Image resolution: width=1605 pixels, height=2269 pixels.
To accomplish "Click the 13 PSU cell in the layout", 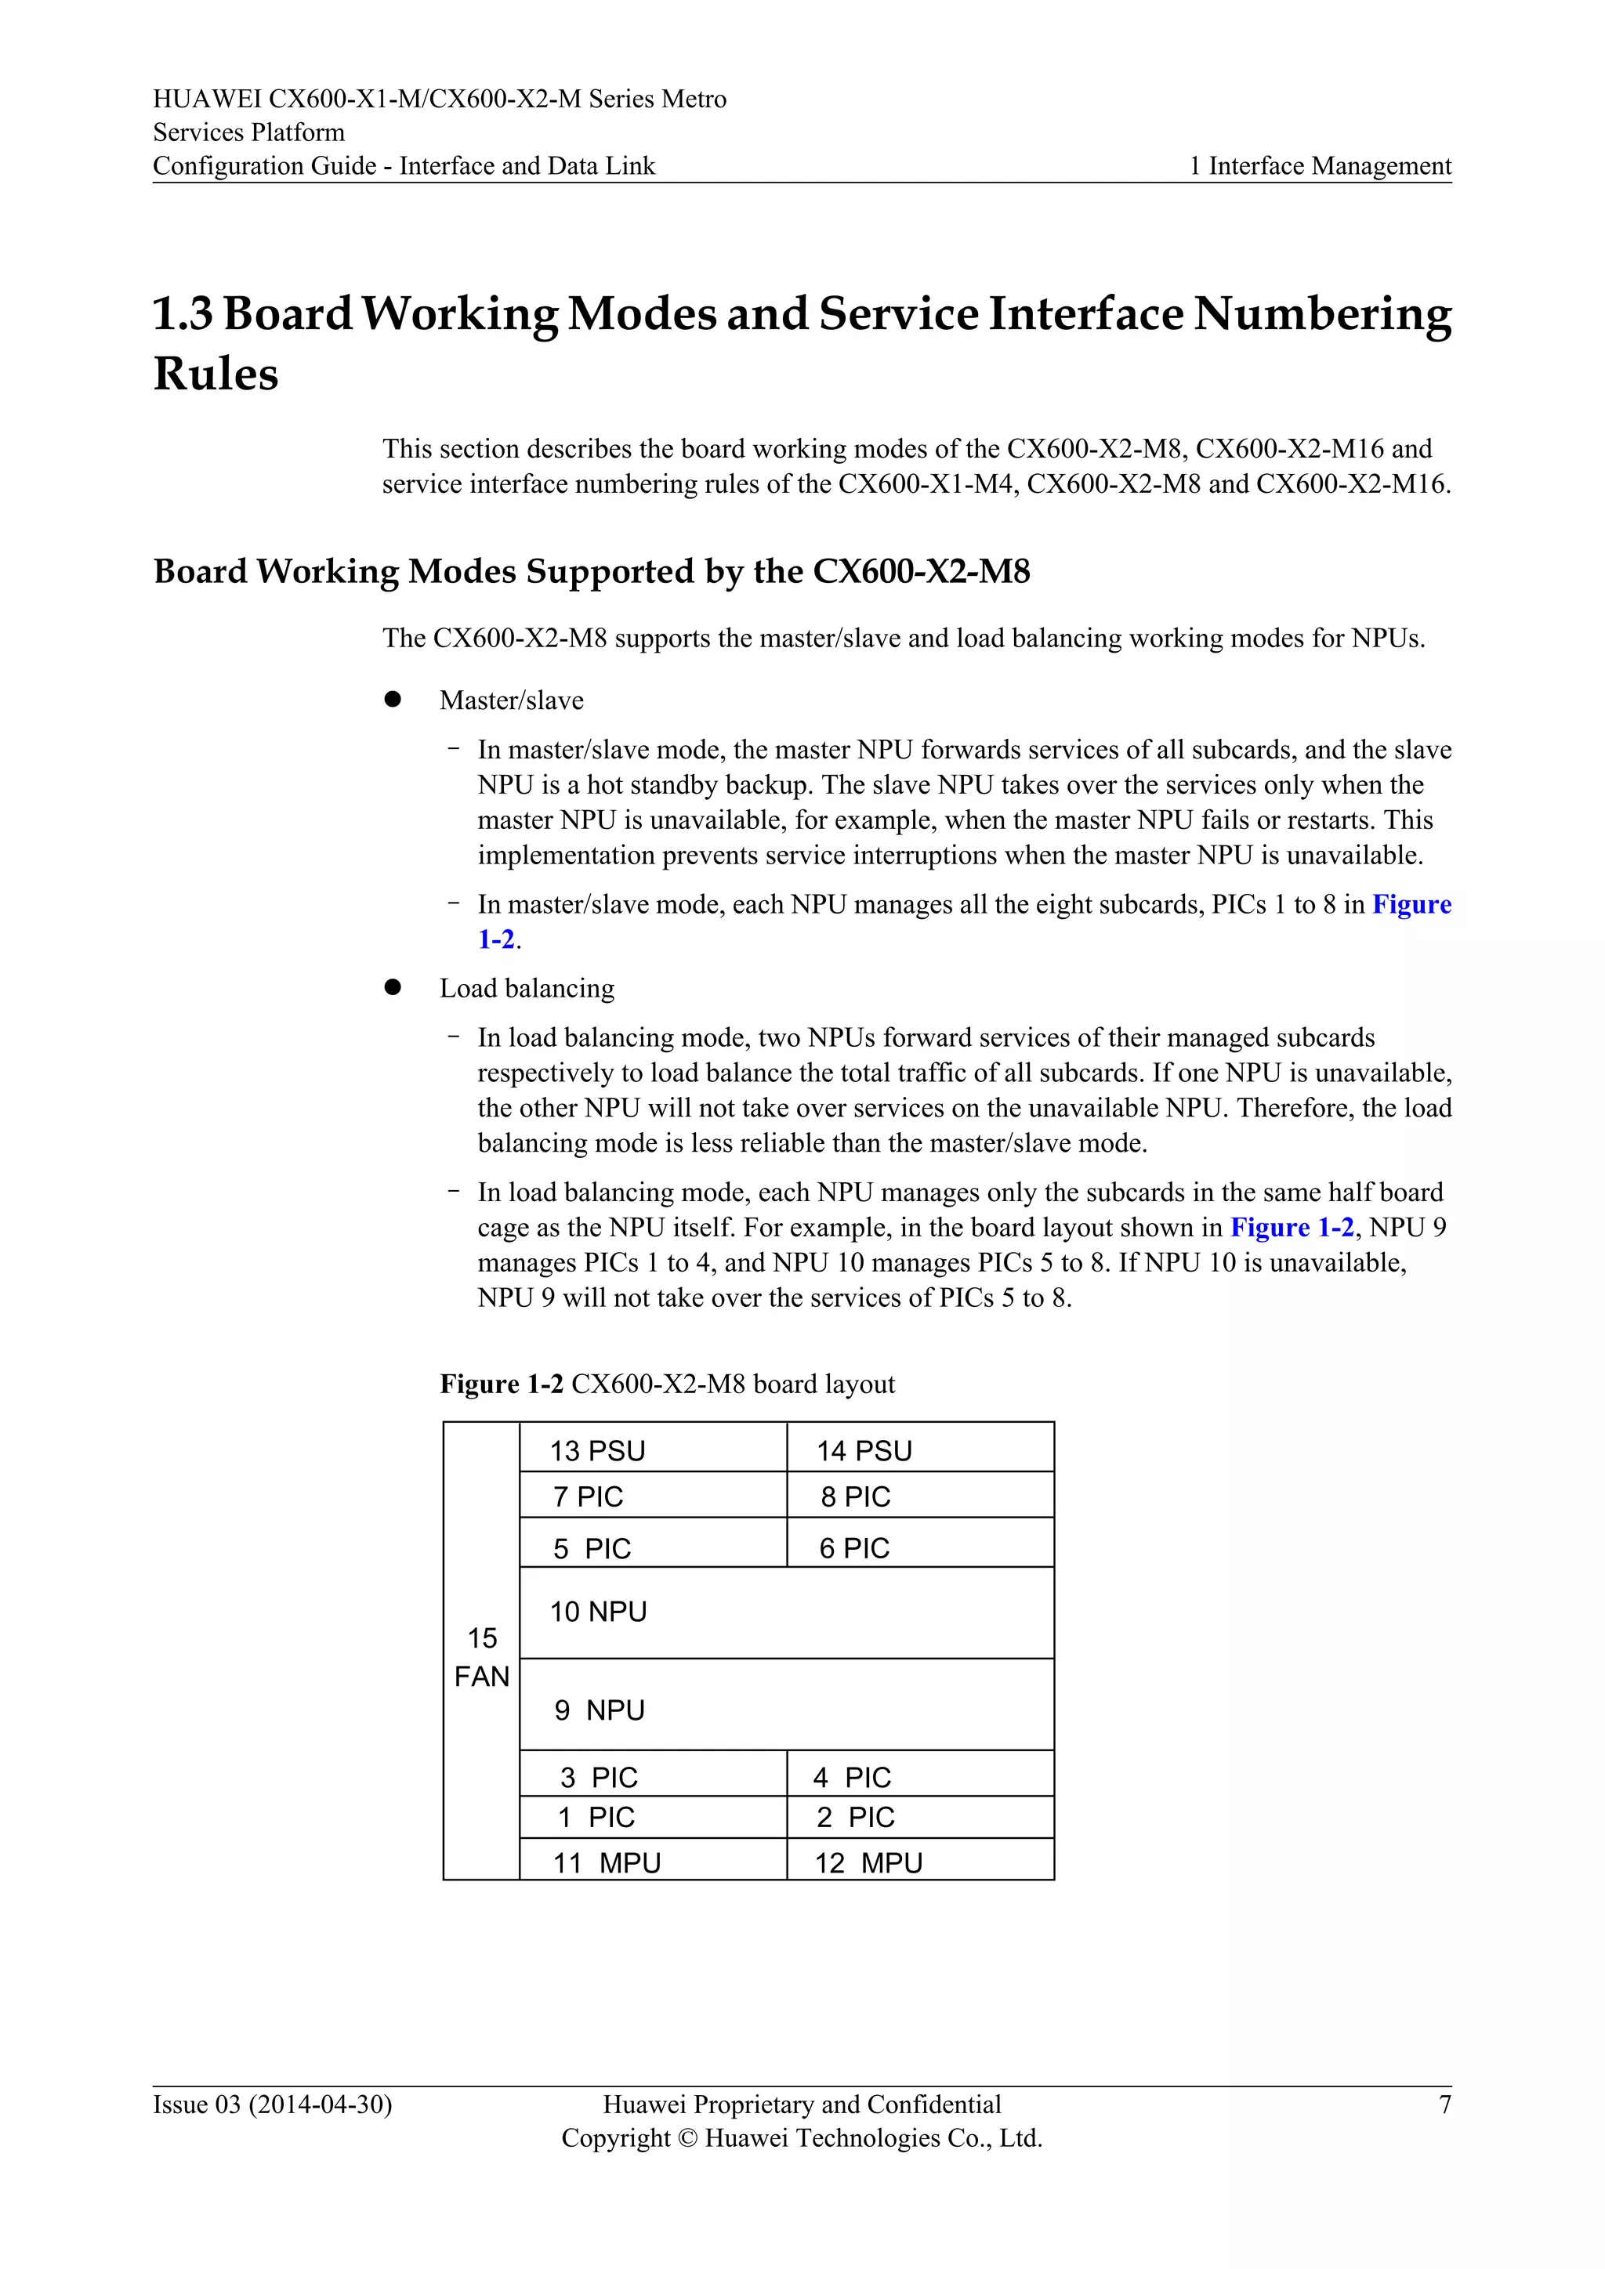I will [x=652, y=1448].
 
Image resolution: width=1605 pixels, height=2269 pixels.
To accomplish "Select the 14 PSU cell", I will [x=919, y=1448].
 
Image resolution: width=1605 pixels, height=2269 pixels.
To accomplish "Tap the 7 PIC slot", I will [x=652, y=1495].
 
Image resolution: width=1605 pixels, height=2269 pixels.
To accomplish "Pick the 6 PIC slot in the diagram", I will [x=919, y=1543].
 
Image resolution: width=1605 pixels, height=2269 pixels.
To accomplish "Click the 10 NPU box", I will [x=786, y=1612].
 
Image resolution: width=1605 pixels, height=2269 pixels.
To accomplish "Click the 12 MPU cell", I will [x=919, y=1861].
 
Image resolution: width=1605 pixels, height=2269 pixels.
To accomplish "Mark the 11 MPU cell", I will [x=652, y=1861].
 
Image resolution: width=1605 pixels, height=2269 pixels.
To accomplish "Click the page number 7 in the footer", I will [x=1444, y=2104].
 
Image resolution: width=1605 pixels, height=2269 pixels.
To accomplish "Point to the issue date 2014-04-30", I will [x=321, y=2104].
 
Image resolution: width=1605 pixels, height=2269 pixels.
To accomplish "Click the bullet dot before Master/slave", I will [x=393, y=699].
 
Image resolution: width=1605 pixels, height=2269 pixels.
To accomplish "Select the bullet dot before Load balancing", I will [x=393, y=987].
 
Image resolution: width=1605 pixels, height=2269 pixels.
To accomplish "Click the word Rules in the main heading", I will [x=216, y=374].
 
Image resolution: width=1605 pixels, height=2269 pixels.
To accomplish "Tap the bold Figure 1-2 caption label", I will [x=501, y=1384].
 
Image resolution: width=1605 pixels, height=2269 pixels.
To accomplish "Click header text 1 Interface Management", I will [x=1320, y=165].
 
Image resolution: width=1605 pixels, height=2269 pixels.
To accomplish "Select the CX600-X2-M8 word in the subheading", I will [x=920, y=571].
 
